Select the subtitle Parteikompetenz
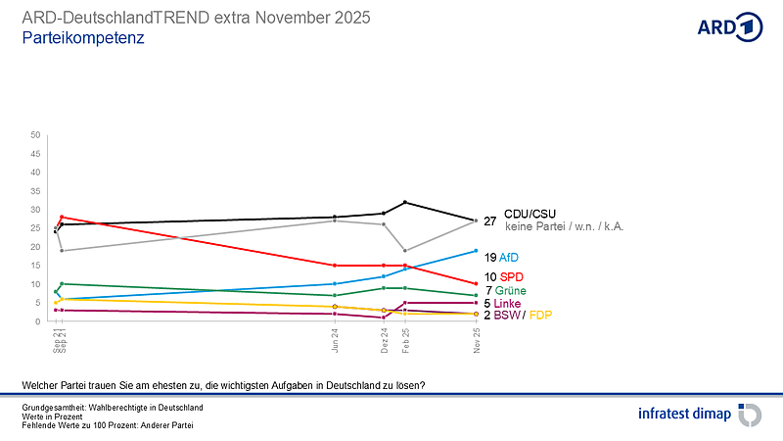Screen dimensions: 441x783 (83, 38)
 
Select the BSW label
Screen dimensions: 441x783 (508, 316)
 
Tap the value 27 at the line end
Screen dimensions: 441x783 (490, 220)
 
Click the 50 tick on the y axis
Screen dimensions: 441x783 (35, 134)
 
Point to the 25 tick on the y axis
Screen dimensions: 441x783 (35, 228)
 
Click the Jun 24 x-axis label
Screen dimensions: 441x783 (336, 340)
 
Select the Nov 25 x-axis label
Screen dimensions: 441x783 (477, 340)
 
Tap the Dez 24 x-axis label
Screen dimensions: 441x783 (384, 340)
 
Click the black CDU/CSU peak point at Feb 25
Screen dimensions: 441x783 (405, 202)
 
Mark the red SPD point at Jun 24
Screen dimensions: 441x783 (335, 266)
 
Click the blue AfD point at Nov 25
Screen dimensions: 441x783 (476, 251)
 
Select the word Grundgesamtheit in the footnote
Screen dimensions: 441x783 (53, 407)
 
